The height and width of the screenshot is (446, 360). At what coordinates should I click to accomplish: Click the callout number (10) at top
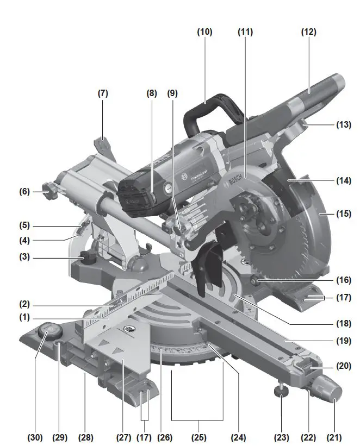coord(204,32)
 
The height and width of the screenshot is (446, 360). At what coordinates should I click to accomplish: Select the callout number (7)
coord(103,93)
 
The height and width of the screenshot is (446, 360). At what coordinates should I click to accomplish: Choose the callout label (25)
coord(197,437)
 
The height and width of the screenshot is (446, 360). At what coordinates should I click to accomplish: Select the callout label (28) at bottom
coord(85,437)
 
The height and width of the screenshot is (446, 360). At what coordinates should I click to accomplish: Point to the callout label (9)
coord(172,93)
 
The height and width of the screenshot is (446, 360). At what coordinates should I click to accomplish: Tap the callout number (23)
coord(281,437)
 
